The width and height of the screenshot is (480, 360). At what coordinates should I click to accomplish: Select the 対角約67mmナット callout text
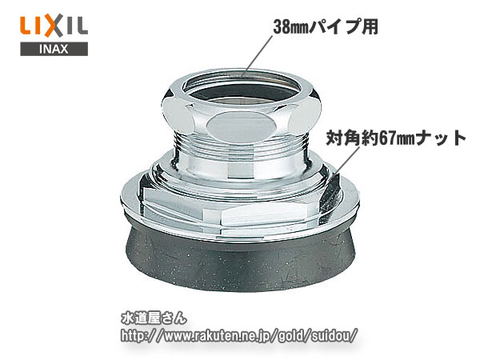[395, 138]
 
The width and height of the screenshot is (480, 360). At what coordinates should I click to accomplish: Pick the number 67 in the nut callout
[386, 138]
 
